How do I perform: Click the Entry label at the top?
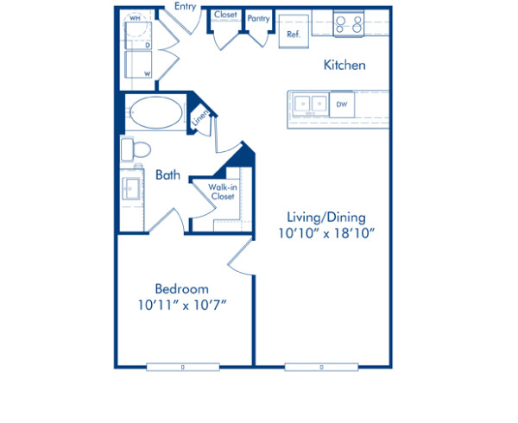pos(184,6)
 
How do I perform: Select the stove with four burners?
pos(349,24)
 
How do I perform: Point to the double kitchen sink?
pos(310,104)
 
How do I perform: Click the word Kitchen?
pos(344,65)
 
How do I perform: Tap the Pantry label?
pos(257,17)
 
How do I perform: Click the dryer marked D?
pos(138,40)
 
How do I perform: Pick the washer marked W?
pos(138,67)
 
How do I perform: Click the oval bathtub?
pos(155,112)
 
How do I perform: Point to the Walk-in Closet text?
pos(223,191)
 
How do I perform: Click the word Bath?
pos(167,174)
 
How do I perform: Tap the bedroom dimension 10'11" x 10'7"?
pos(182,305)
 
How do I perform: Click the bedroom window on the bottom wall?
pos(182,367)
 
